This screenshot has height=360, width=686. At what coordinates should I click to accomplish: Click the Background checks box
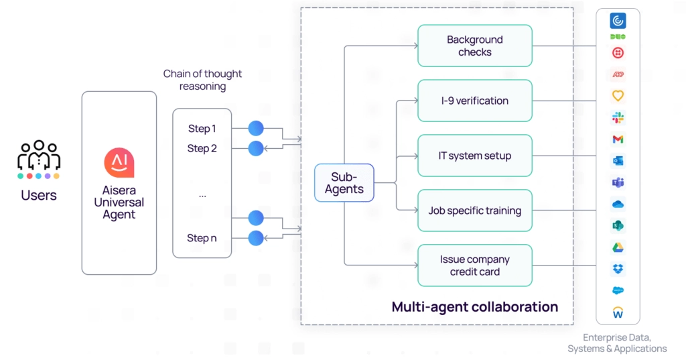pos(474,46)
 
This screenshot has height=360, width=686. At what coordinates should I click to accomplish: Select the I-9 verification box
pos(474,101)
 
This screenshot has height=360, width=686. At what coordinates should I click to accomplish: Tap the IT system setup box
pos(474,156)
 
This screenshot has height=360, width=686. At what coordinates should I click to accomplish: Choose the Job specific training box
pos(474,211)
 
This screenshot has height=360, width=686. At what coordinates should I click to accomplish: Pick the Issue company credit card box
pos(474,265)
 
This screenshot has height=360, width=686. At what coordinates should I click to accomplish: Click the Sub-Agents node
pos(344,183)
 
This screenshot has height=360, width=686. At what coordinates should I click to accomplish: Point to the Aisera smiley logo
pos(119,163)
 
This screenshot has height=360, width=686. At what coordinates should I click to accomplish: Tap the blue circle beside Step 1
pos(256,129)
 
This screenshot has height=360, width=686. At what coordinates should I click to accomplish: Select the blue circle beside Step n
pos(256,238)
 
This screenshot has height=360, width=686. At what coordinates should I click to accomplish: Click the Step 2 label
pos(202,148)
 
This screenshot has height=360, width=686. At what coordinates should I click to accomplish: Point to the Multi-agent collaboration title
pos(474,307)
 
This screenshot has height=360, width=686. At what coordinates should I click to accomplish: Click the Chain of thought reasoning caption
pos(202,80)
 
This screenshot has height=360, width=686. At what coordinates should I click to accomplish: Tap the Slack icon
pos(618,118)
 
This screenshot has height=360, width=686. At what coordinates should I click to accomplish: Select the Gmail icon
pos(618,139)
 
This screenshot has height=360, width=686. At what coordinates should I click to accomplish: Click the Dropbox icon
pos(618,269)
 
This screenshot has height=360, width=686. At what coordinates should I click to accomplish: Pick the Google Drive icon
pos(618,247)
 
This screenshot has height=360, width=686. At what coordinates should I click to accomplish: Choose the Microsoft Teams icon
pos(618,182)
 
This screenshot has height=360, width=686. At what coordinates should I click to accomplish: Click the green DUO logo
pos(618,36)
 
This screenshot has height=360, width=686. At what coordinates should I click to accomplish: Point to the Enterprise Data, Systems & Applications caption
pos(617,343)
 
